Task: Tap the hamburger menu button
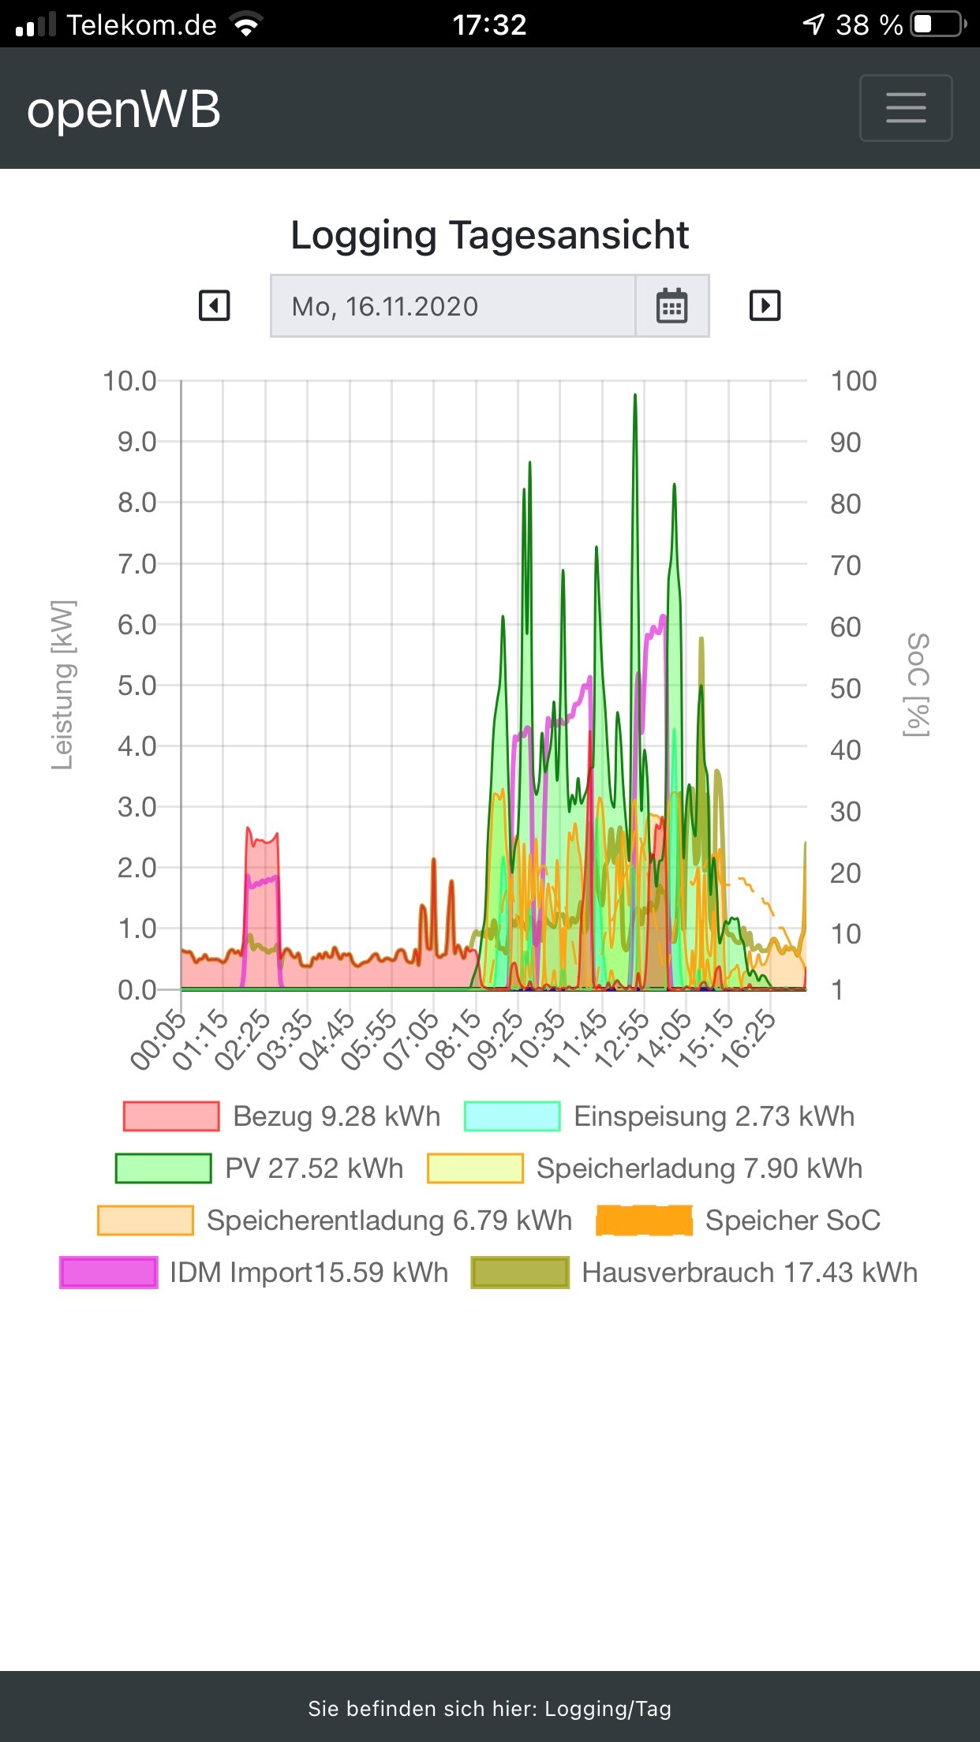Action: (905, 108)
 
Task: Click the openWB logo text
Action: (124, 110)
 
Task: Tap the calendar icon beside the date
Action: (671, 306)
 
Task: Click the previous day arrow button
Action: (214, 305)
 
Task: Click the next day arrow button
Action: (764, 305)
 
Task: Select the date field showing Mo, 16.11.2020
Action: (452, 306)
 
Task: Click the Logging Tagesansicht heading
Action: (489, 235)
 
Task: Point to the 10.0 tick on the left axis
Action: (129, 381)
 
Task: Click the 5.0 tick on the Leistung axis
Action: (137, 686)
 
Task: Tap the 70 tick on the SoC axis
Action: (845, 565)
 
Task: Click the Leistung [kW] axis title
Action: (62, 685)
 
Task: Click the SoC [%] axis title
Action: (917, 685)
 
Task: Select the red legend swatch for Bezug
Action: (171, 1116)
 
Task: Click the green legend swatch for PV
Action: (163, 1168)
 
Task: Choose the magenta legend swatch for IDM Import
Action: (109, 1273)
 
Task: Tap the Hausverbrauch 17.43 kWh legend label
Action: (750, 1273)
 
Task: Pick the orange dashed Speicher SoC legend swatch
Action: (644, 1221)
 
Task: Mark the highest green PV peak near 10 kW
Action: (635, 396)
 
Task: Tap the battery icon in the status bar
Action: (937, 24)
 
